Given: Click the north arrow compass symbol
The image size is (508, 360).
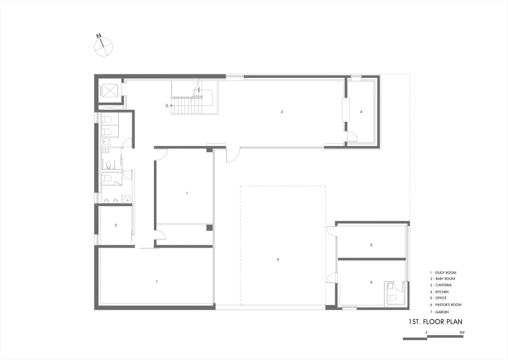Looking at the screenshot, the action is click(103, 46).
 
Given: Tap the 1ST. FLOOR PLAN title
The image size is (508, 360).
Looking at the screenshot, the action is click(435, 322).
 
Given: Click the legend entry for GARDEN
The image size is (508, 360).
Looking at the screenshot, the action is click(439, 312).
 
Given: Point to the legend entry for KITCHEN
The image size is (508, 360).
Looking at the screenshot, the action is click(439, 292).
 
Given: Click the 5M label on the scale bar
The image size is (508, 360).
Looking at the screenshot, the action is click(462, 333).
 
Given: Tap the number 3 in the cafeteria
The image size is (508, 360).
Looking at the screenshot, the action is click(282, 112).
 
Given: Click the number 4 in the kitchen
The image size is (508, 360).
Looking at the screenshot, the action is click(361, 112).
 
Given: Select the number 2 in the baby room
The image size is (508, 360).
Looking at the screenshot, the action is click(116, 225).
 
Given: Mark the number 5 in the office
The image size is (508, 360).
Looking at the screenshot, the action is click(371, 245).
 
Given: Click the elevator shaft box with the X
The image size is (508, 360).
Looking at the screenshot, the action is click(109, 90).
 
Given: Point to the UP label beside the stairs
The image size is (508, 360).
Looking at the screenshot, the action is click(167, 105).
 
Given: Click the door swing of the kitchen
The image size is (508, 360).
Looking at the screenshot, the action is click(352, 136).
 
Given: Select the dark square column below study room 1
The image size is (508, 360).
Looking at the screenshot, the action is click(210, 228).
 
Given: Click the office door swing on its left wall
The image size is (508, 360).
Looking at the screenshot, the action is click(331, 231).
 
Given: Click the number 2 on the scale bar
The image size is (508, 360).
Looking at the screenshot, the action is click(426, 333).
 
